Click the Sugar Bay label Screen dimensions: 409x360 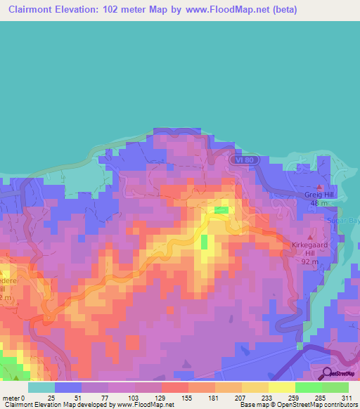click(x=345, y=220)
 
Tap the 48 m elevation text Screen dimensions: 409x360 click(x=319, y=204)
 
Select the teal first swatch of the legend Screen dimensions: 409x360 click(x=41, y=387)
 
